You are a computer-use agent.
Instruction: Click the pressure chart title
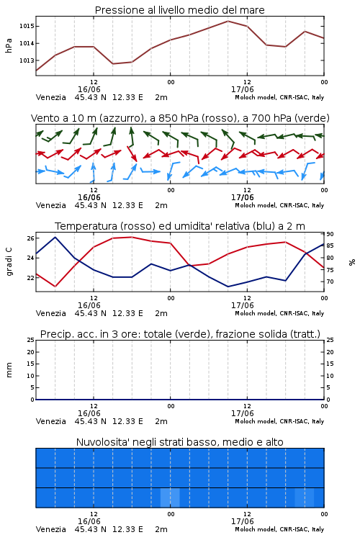(179, 10)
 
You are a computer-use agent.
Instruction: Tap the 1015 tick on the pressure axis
(27, 26)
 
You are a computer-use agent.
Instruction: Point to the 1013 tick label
(27, 60)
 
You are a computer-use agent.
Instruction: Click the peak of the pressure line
(228, 21)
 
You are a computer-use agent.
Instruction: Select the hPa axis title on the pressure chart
(9, 45)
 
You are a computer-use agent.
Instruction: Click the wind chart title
(180, 118)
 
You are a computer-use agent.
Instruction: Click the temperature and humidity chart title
(180, 226)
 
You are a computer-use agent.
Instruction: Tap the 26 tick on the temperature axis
(30, 238)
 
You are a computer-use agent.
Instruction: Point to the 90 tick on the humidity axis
(330, 234)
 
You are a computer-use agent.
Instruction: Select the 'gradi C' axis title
(9, 261)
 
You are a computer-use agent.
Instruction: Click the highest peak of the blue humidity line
(55, 237)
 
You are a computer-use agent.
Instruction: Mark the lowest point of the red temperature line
(55, 287)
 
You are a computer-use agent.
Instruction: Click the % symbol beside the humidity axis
(352, 262)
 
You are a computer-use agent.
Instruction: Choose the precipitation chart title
(180, 334)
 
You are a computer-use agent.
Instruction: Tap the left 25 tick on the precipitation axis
(30, 340)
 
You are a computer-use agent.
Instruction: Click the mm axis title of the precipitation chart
(9, 370)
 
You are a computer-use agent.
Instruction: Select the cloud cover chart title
(179, 442)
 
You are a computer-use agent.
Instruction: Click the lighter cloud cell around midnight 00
(170, 498)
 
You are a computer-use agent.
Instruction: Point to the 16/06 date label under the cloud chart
(89, 521)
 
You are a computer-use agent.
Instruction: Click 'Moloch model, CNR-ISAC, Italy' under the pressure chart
(279, 97)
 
